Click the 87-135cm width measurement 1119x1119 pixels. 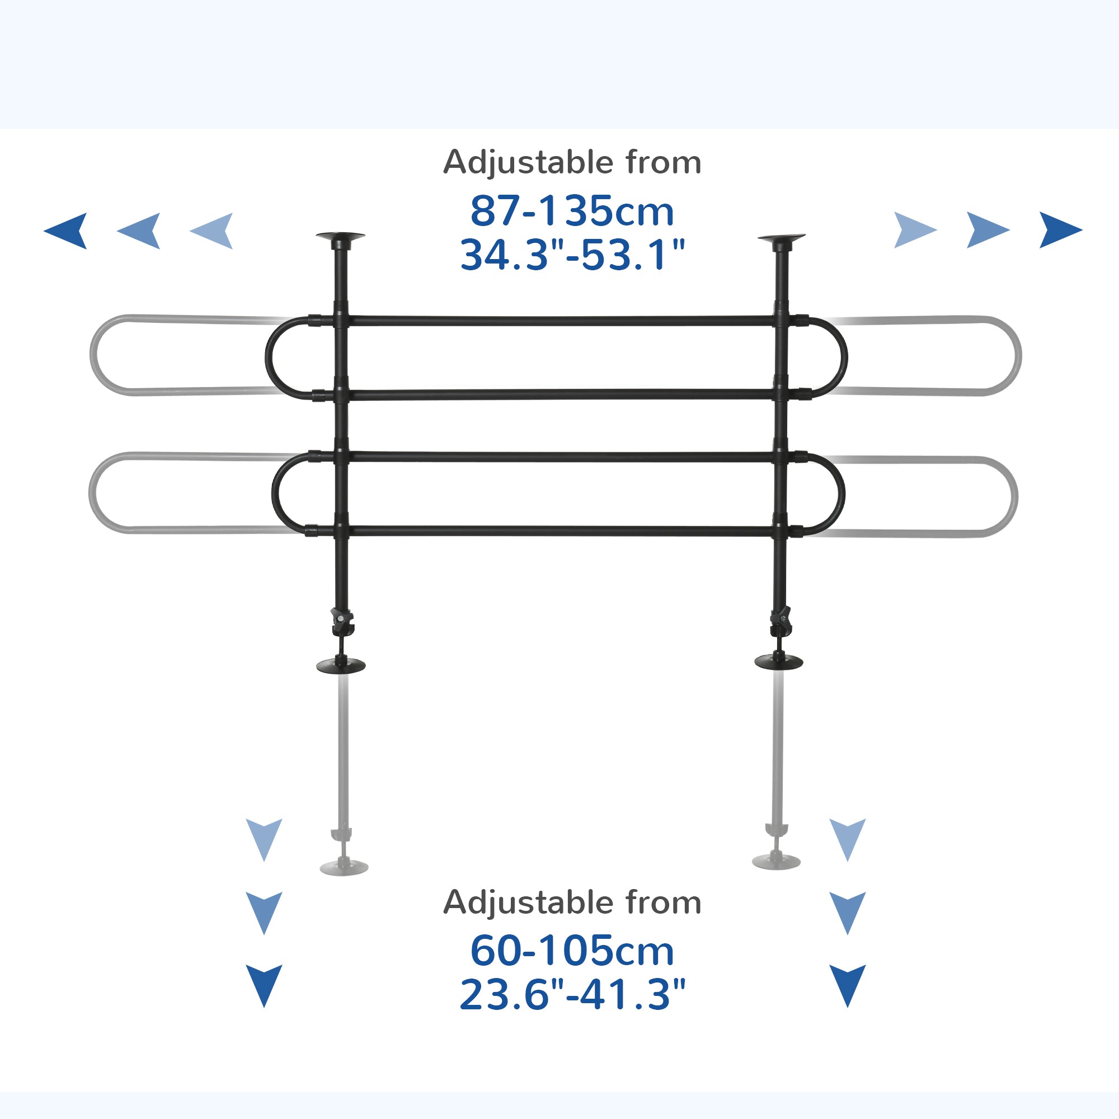(572, 211)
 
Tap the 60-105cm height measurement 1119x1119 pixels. (572, 951)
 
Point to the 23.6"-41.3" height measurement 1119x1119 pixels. (572, 994)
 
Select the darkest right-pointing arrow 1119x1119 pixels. (1059, 230)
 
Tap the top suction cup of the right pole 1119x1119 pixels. (781, 237)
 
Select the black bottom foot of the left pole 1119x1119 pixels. (341, 665)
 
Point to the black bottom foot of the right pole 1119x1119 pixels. (779, 661)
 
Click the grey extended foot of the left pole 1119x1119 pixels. (344, 867)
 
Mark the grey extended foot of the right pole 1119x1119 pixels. (776, 861)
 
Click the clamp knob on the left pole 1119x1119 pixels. (342, 620)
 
